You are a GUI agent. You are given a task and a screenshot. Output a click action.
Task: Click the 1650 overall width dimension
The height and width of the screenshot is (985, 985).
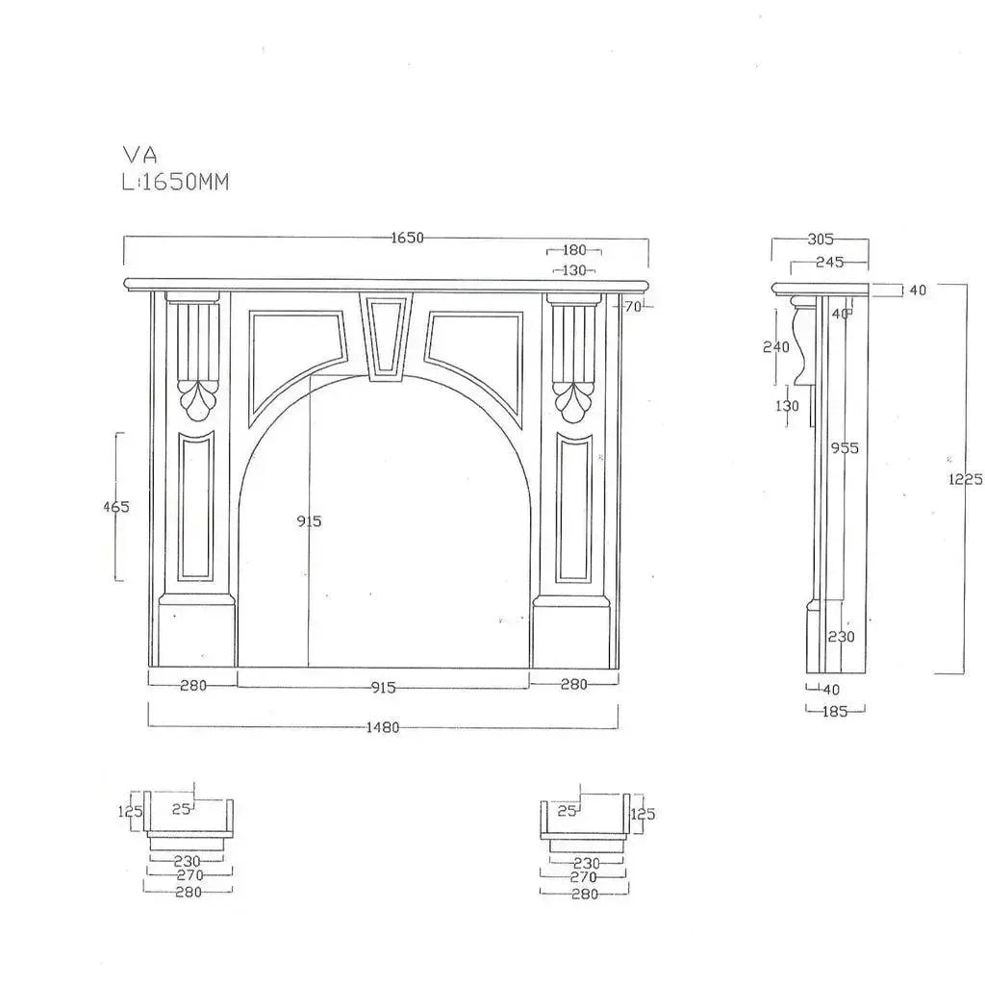[408, 239]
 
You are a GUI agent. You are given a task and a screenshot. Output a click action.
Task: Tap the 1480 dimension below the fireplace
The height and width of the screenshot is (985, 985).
[383, 727]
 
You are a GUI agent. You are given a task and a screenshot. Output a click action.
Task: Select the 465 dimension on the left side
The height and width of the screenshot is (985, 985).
[116, 507]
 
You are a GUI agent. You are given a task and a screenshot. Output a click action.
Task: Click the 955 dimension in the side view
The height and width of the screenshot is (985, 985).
[846, 448]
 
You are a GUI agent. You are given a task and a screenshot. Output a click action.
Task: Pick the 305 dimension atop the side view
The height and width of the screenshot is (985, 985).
[821, 240]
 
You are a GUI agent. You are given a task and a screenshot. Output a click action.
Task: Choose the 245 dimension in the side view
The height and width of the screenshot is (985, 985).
[829, 261]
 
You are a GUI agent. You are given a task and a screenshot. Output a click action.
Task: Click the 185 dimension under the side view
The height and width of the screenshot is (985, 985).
[835, 711]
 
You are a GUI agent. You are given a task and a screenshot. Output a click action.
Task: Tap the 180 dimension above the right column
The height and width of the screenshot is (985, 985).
[575, 251]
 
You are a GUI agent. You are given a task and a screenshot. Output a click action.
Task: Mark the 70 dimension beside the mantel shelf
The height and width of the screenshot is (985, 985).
[632, 307]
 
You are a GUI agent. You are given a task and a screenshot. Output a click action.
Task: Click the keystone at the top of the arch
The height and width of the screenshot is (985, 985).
[386, 336]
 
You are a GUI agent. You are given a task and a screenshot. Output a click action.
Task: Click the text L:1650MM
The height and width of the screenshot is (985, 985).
[175, 182]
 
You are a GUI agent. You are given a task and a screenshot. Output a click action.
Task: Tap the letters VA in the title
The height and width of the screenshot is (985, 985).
[139, 155]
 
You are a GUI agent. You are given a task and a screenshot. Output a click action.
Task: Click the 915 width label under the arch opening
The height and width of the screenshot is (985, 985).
[383, 687]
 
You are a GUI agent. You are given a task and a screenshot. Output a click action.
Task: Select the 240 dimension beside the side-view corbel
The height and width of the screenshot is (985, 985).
[776, 347]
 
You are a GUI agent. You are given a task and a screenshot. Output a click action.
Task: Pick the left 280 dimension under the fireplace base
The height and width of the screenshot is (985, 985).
[192, 685]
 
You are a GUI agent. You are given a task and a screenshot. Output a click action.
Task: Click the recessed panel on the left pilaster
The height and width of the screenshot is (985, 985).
[196, 507]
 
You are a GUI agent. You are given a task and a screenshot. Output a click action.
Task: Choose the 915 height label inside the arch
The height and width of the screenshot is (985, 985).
[310, 521]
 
